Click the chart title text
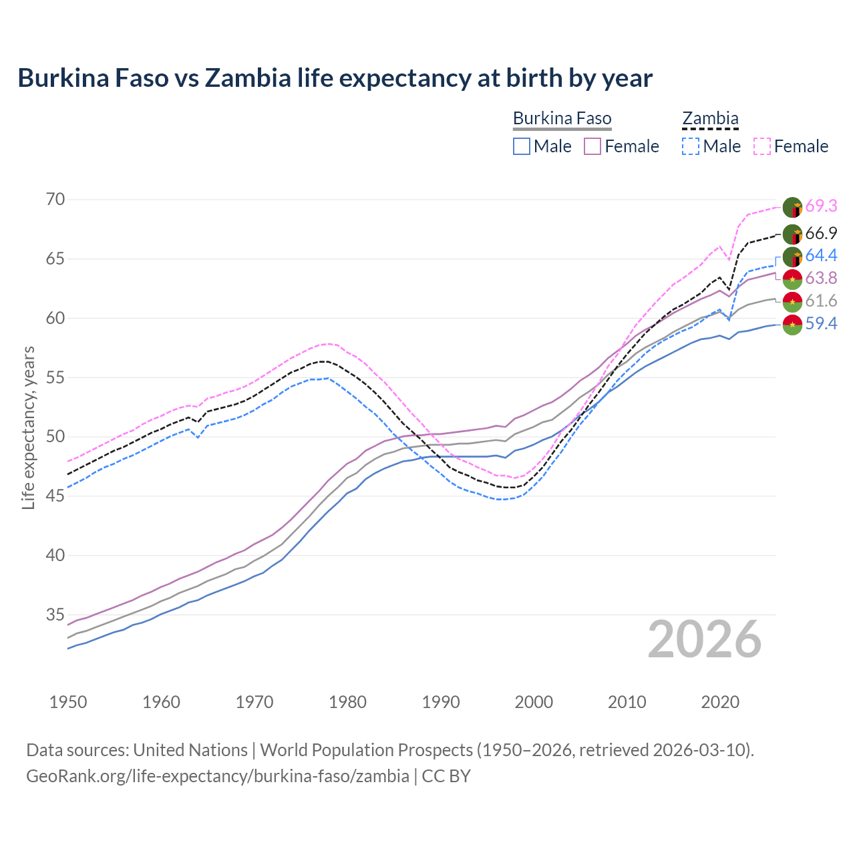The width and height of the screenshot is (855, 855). click(x=335, y=78)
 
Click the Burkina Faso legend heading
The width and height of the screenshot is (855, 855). click(x=562, y=119)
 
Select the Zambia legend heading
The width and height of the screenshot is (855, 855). click(x=710, y=119)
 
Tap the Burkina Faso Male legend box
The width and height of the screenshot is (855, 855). click(x=522, y=146)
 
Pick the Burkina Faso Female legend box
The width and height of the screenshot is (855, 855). click(x=593, y=146)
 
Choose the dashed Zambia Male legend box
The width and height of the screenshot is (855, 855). click(x=691, y=146)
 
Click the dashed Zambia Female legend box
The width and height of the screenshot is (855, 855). click(x=762, y=146)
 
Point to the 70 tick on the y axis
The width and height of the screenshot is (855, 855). click(x=56, y=199)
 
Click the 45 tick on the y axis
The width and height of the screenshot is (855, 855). click(x=56, y=496)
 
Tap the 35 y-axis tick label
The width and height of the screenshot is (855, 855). click(x=56, y=615)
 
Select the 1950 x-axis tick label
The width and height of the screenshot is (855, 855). click(x=68, y=702)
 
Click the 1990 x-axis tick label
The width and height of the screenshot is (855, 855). click(x=441, y=702)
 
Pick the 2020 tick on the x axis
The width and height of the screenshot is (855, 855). click(x=720, y=702)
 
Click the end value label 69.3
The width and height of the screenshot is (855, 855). click(x=821, y=206)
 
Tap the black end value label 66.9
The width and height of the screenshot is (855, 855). click(x=821, y=233)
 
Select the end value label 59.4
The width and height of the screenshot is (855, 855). click(x=821, y=324)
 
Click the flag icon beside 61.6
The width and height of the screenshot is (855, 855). click(x=792, y=302)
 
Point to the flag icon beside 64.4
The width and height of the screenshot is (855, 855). click(x=792, y=256)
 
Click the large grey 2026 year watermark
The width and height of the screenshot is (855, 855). click(x=705, y=639)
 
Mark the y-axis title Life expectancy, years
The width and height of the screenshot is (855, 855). click(x=29, y=427)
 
